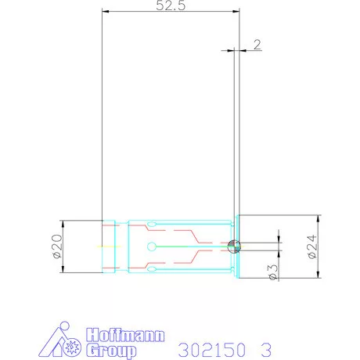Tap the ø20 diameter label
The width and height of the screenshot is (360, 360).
(56, 246)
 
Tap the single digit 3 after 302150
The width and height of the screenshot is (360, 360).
(266, 347)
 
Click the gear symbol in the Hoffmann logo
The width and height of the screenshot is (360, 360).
(75, 345)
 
